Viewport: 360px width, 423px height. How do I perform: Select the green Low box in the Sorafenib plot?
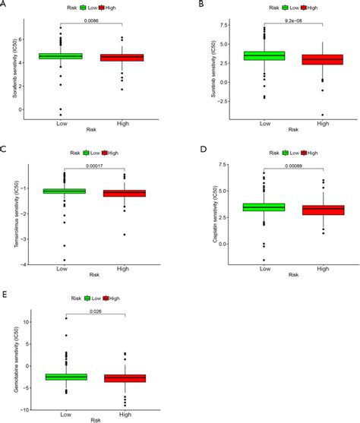click(62, 56)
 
